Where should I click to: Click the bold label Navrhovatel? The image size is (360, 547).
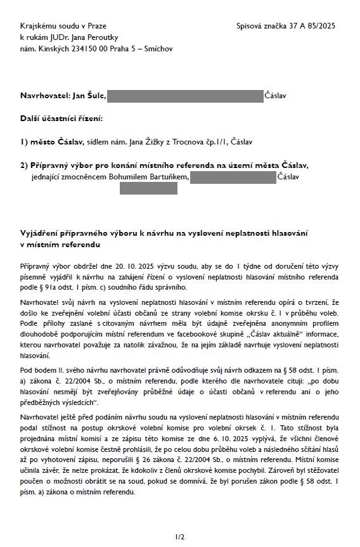point(46,96)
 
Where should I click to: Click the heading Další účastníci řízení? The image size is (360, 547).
point(61,119)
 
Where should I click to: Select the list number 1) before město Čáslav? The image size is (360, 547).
point(25,142)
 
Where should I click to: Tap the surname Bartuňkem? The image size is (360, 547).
point(167,177)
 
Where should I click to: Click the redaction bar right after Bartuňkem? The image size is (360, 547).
point(233,177)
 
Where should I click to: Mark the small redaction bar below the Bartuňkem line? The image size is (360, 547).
point(139,188)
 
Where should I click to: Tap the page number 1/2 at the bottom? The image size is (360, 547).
point(180,537)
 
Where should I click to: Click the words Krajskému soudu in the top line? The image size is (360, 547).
point(46,25)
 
